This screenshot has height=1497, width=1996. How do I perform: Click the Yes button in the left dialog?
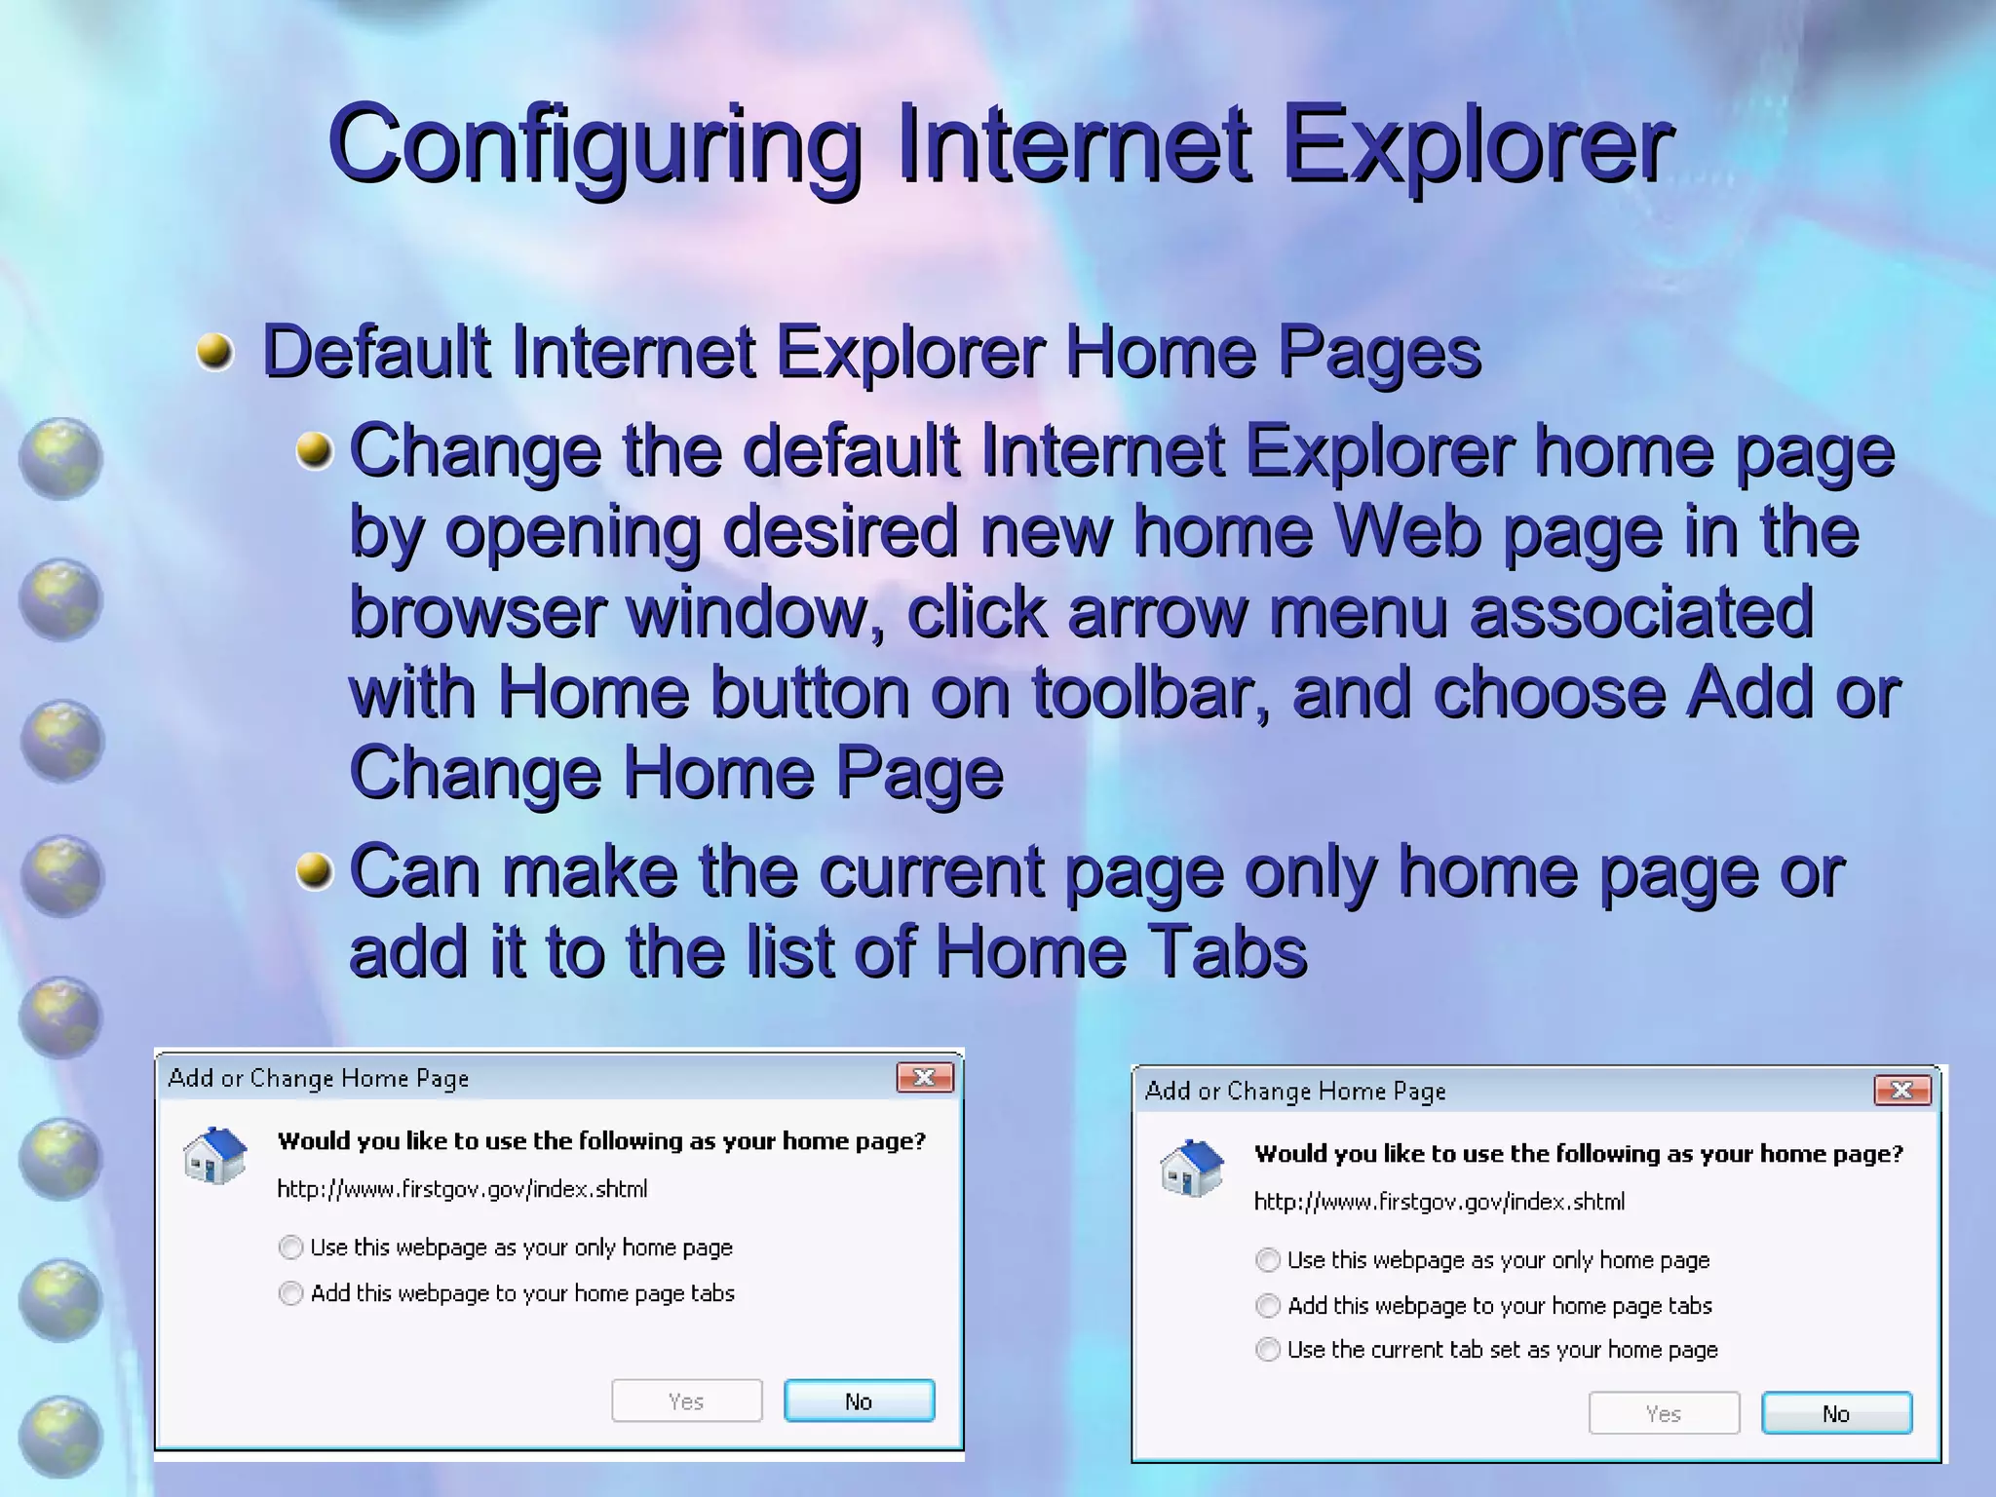tap(686, 1401)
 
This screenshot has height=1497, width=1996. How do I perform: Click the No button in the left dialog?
tap(859, 1401)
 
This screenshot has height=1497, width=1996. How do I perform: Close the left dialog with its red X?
tap(924, 1077)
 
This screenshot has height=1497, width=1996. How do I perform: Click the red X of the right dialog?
tap(1901, 1090)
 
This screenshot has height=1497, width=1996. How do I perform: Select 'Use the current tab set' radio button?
tap(1267, 1350)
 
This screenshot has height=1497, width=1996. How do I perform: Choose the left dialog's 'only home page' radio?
tap(290, 1247)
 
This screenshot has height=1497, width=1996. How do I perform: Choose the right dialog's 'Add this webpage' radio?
tap(1267, 1306)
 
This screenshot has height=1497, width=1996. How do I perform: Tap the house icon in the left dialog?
tap(214, 1156)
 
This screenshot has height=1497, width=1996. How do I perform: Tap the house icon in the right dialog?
tap(1191, 1168)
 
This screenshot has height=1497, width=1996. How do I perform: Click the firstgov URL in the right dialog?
tap(1439, 1202)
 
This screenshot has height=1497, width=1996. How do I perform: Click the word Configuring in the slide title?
tap(595, 146)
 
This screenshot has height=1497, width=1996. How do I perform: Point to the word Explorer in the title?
tap(1478, 146)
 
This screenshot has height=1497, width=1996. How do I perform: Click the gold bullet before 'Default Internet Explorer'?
tap(214, 351)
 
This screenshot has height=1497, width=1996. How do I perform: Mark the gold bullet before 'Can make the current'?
tap(314, 870)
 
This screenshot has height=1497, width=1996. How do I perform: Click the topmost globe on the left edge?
tap(60, 458)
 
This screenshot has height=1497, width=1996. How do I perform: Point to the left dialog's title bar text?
tap(319, 1078)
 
